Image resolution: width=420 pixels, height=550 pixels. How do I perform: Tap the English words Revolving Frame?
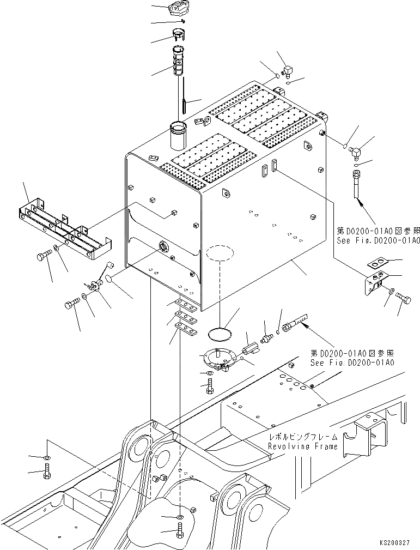tap(302, 446)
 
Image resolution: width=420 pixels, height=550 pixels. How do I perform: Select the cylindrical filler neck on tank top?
tap(178, 136)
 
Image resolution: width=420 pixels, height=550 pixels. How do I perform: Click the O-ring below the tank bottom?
tap(220, 333)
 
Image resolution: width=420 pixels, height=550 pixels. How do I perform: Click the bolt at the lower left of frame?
tap(47, 471)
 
